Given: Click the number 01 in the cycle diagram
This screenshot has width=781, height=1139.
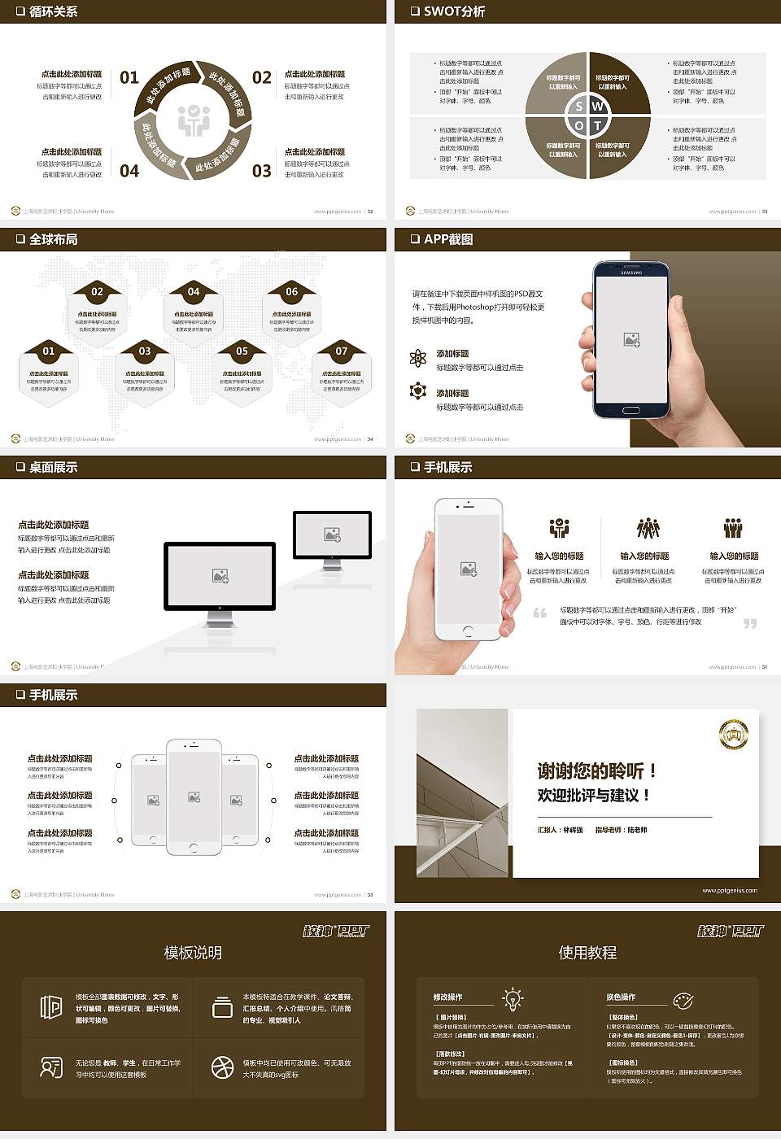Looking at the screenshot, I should click(x=129, y=77).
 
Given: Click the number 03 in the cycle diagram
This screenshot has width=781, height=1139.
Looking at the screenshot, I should click(x=261, y=171).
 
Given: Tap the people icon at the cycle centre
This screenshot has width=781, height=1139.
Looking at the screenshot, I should click(x=194, y=120).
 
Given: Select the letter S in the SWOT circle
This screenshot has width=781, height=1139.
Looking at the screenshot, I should click(x=578, y=107).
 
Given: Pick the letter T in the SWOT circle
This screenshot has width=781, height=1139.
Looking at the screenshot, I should click(x=598, y=125).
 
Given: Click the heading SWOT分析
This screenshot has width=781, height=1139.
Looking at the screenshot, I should click(x=454, y=11).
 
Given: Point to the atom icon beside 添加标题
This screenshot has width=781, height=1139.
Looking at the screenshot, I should click(x=418, y=358).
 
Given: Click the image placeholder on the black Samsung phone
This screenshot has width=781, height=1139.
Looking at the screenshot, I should click(x=631, y=340).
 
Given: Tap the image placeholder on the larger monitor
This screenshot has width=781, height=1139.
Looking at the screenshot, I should click(x=220, y=575).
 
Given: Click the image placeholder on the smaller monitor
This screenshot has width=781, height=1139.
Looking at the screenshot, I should click(x=332, y=535).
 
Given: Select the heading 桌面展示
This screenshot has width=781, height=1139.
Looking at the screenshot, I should click(x=53, y=467).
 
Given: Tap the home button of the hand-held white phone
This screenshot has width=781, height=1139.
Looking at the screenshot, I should click(x=468, y=631).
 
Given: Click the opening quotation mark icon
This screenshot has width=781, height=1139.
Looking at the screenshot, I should click(x=540, y=613).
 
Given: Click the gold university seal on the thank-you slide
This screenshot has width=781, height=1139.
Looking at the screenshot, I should click(x=733, y=735).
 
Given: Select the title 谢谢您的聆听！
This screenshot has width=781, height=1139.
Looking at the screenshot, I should click(x=597, y=770).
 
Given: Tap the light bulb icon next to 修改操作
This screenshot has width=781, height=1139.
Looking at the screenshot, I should click(x=513, y=998).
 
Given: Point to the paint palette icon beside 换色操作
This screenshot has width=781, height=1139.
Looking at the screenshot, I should click(x=683, y=1000).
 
